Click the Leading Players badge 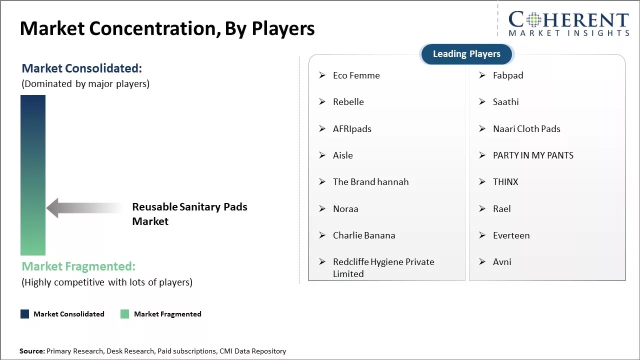click(x=466, y=54)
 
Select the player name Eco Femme click(x=356, y=75)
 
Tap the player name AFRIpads click(x=352, y=129)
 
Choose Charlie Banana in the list click(x=364, y=235)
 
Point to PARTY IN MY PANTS click(x=533, y=155)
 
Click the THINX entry click(x=505, y=182)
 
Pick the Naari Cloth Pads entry click(x=526, y=129)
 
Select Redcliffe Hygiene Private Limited click(x=383, y=267)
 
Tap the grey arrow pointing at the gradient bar click(x=84, y=207)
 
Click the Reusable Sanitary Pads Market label click(x=189, y=214)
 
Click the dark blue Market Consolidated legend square click(x=24, y=314)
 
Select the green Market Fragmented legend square click(x=124, y=314)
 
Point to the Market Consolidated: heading click(x=81, y=68)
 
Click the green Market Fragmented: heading click(x=78, y=266)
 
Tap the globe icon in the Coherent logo click(x=533, y=19)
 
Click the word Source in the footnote click(x=31, y=351)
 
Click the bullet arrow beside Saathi click(x=482, y=101)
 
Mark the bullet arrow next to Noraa click(x=322, y=209)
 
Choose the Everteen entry click(x=511, y=235)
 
